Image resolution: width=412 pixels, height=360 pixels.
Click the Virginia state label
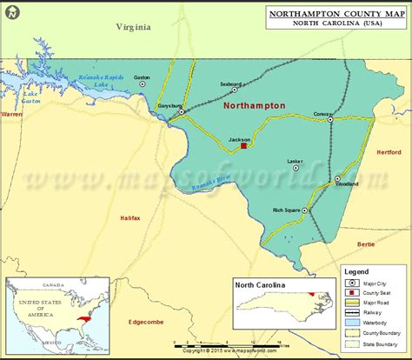click(x=134, y=27)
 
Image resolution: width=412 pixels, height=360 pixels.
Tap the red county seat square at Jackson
click(x=244, y=146)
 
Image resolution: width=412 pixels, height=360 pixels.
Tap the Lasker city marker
click(x=296, y=169)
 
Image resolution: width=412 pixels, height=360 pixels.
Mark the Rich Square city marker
click(x=304, y=210)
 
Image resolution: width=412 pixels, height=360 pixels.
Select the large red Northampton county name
click(x=254, y=104)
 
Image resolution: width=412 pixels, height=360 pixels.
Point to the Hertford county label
click(x=389, y=152)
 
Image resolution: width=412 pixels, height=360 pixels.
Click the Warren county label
click(x=11, y=114)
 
